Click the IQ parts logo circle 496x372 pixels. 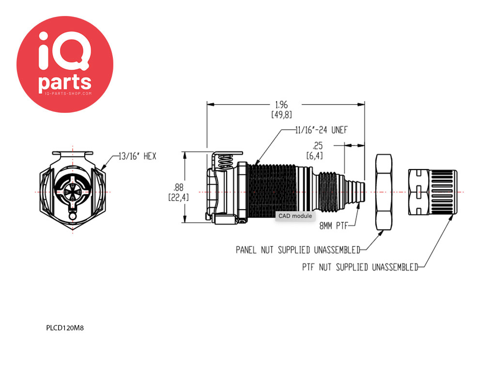coord(65,64)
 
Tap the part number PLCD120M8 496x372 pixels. coord(65,327)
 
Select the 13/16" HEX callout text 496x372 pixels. coord(137,156)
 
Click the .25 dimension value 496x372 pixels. coord(318,145)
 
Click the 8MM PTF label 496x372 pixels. coord(333,225)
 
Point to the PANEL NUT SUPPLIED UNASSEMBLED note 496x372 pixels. coord(298,250)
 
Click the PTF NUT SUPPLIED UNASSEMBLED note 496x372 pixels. coord(360,267)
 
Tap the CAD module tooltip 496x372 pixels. coord(295,216)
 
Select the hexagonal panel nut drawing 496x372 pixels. coord(384,192)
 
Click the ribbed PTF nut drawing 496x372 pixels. coord(433,192)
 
